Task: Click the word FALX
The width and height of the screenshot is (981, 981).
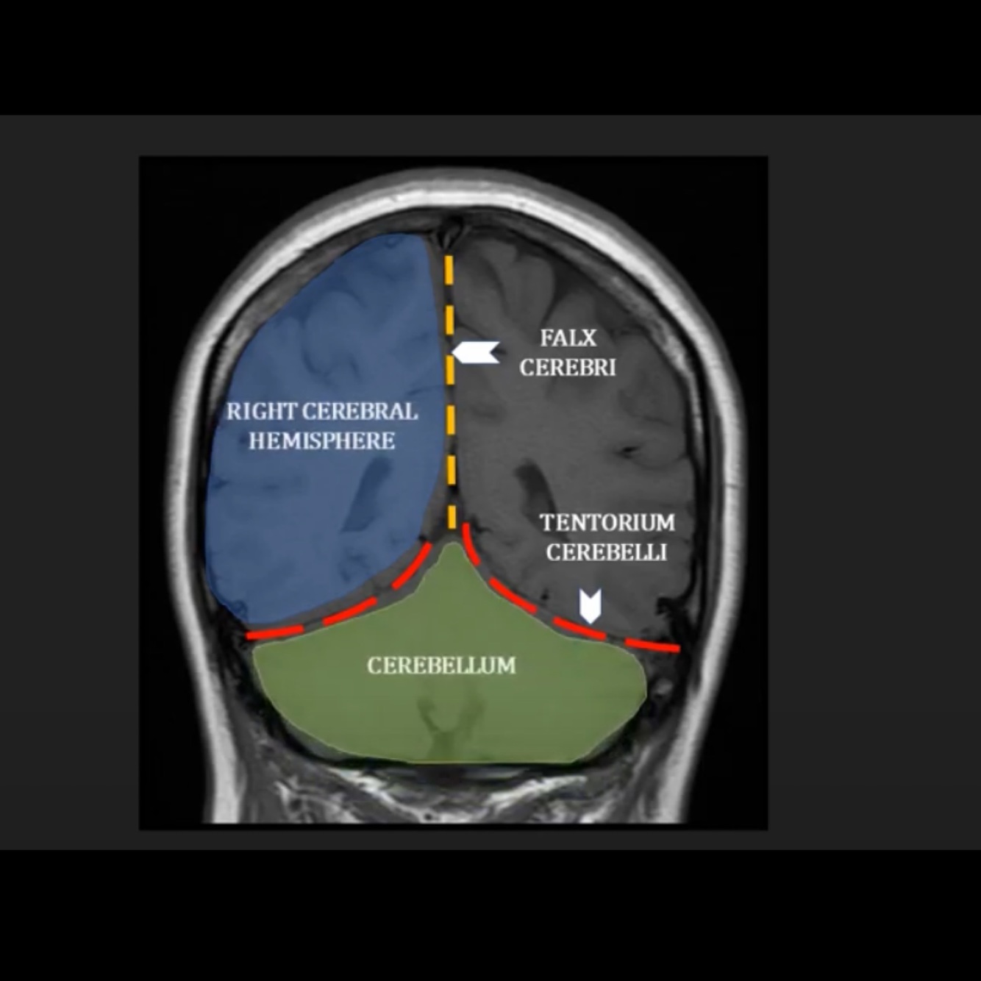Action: click(568, 338)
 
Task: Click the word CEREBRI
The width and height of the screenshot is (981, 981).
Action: click(568, 368)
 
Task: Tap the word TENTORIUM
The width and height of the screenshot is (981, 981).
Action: click(607, 523)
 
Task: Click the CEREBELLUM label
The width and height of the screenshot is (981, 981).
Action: click(441, 666)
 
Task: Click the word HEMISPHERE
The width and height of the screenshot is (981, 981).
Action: click(322, 441)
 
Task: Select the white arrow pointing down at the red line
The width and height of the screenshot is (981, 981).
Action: click(590, 606)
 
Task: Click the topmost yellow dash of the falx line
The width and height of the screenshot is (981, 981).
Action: click(449, 268)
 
